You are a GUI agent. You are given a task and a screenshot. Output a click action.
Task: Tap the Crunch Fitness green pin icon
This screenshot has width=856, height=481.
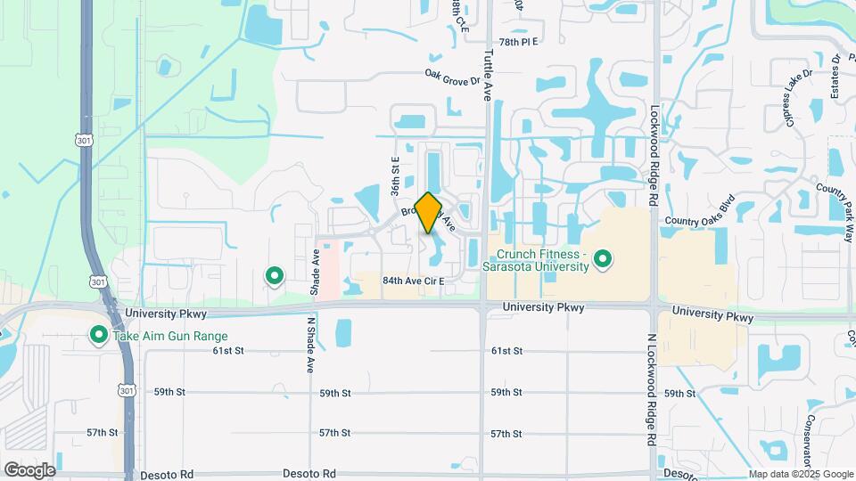(x=604, y=259)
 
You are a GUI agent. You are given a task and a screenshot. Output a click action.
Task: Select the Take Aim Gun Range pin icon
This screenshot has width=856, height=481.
(x=98, y=336)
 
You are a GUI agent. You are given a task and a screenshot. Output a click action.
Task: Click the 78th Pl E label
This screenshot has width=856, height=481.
(x=519, y=42)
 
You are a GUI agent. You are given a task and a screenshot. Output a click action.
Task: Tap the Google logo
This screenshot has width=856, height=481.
(x=29, y=469)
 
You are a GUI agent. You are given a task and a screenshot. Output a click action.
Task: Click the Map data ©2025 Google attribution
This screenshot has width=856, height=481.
(x=801, y=475)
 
